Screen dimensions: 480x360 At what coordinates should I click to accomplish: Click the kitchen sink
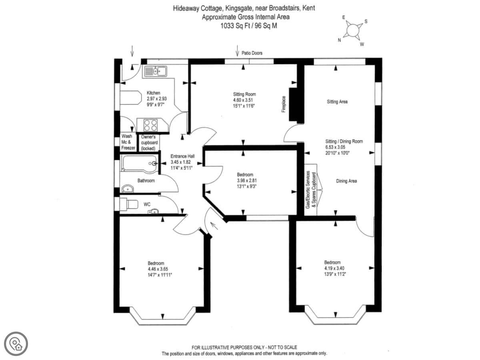pyautogui.click(x=155, y=71)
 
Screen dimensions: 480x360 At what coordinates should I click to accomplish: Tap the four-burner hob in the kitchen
pyautogui.click(x=150, y=125)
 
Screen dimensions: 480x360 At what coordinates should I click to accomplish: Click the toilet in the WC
pyautogui.click(x=129, y=204)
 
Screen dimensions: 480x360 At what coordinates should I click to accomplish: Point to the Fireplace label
pyautogui.click(x=284, y=104)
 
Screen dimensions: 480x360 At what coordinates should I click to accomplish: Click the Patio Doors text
pyautogui.click(x=252, y=53)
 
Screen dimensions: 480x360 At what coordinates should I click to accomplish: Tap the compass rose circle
pyautogui.click(x=353, y=30)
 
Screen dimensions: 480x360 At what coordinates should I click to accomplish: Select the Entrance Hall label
pyautogui.click(x=182, y=156)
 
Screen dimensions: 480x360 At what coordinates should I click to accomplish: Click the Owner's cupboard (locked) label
pyautogui.click(x=149, y=142)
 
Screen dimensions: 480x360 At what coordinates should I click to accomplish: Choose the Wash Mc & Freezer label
pyautogui.click(x=128, y=142)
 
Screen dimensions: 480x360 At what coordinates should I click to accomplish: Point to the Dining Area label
pyautogui.click(x=346, y=181)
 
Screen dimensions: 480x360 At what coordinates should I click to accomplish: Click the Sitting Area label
pyautogui.click(x=337, y=102)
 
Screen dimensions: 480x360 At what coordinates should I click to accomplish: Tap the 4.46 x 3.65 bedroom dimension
pyautogui.click(x=158, y=269)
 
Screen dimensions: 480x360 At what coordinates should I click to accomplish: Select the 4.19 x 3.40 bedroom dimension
pyautogui.click(x=334, y=268)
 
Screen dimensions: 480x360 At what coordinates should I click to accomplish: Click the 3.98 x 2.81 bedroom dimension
pyautogui.click(x=247, y=180)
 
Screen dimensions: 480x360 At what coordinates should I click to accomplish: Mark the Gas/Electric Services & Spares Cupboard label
pyautogui.click(x=311, y=190)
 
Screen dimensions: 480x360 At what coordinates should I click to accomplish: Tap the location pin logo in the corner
pyautogui.click(x=16, y=344)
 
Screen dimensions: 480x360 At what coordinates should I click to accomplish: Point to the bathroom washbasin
pyautogui.click(x=128, y=189)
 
